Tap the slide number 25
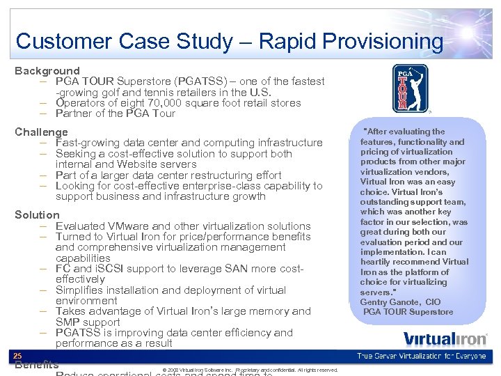18,355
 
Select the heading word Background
47,70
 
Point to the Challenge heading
42,132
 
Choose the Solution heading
38,214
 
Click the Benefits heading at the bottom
36,366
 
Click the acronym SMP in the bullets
68,322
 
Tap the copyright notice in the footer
250,370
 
